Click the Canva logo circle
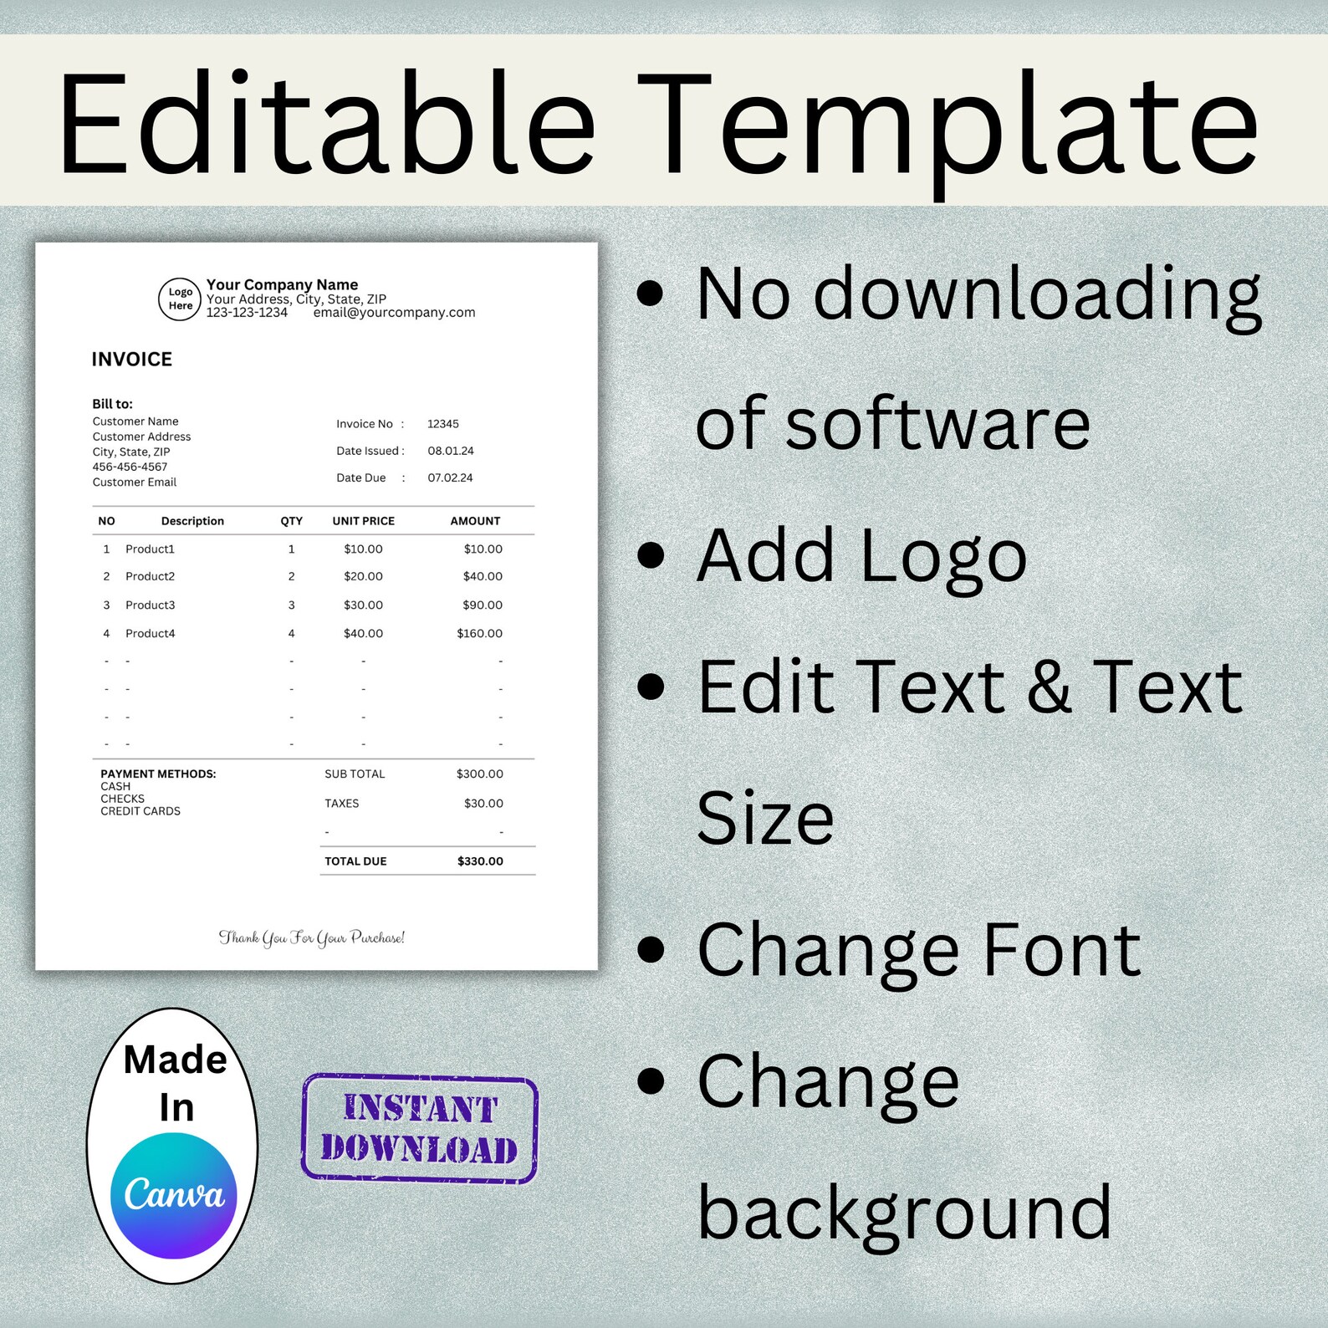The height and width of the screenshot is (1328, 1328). [174, 1195]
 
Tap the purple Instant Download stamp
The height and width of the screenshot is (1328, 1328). [419, 1128]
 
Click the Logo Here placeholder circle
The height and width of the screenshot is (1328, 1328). [180, 299]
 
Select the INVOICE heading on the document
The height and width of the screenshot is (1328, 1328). [132, 360]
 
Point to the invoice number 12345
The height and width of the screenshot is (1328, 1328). [443, 424]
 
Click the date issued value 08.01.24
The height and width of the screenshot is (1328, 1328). [451, 451]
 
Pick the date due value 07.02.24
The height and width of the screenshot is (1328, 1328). [451, 478]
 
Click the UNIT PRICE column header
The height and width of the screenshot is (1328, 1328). [363, 521]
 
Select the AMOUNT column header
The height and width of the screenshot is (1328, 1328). [475, 521]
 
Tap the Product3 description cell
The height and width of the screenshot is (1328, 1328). [151, 605]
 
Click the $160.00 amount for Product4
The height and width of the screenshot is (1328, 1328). [479, 633]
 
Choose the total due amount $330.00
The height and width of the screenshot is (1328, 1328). [480, 861]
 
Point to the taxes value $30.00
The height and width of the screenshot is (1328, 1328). [483, 804]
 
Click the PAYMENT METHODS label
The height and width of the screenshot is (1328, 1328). [158, 774]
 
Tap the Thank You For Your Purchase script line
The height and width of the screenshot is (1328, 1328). [312, 937]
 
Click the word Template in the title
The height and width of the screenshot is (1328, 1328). [947, 125]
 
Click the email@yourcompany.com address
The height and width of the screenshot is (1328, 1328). [394, 313]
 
